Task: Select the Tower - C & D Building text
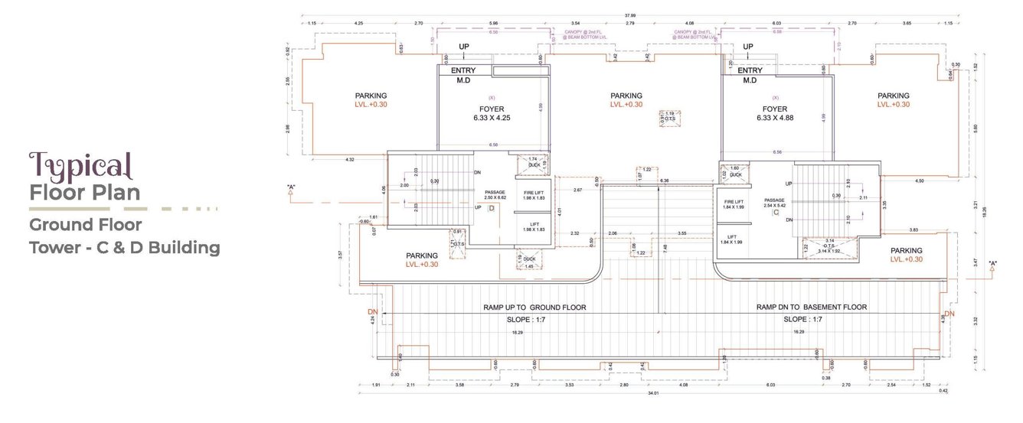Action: [x=124, y=248]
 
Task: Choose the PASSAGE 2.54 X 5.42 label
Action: [x=775, y=203]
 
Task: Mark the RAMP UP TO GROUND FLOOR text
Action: [x=534, y=307]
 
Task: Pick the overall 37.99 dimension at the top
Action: [x=630, y=14]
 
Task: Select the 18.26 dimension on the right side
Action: [x=987, y=208]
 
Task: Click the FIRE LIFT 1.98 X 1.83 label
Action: [x=534, y=194]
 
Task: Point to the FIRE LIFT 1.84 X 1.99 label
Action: [x=734, y=203]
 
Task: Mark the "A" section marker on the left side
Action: [x=292, y=187]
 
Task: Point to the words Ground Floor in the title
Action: [x=85, y=226]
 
